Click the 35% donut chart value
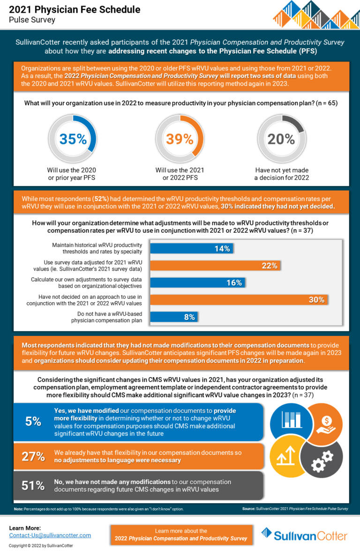click(73, 139)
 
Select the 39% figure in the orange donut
click(180, 139)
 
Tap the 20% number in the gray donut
click(281, 139)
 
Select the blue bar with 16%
click(198, 282)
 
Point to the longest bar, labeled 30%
click(239, 300)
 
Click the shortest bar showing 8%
click(173, 317)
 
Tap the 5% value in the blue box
click(33, 421)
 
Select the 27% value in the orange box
click(33, 456)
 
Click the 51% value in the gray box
click(33, 486)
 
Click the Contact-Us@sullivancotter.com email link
click(50, 535)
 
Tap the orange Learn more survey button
click(181, 534)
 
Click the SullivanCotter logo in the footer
click(304, 535)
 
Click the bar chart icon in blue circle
click(292, 420)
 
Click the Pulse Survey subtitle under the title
click(32, 20)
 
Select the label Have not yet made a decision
click(281, 174)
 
